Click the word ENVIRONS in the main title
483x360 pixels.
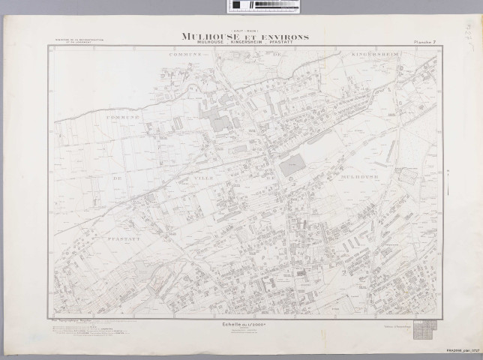(278, 35)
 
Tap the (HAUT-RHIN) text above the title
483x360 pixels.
(242, 29)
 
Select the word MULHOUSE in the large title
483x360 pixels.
(208, 35)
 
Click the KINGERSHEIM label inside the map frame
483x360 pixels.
(374, 55)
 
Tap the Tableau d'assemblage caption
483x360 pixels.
(397, 327)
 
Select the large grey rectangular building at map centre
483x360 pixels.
(293, 166)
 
